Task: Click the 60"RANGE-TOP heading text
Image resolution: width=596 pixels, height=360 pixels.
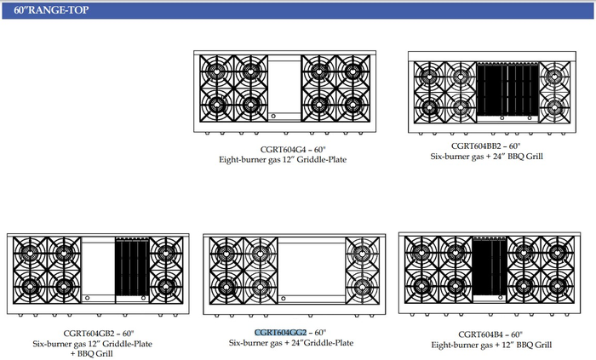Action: click(51, 10)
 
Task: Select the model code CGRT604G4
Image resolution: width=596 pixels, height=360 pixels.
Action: click(283, 150)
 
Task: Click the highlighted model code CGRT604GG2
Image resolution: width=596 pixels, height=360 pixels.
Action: click(280, 333)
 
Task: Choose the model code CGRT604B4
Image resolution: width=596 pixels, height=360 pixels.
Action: click(480, 334)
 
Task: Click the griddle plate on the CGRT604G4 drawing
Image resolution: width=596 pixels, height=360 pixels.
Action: click(284, 89)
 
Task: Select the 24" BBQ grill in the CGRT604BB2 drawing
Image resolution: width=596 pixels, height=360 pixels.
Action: click(507, 89)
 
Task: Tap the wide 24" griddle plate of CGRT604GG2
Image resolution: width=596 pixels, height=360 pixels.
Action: click(312, 271)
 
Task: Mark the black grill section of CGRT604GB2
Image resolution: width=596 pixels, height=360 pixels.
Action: click(132, 267)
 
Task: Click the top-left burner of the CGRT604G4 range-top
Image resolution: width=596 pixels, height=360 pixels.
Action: click(216, 71)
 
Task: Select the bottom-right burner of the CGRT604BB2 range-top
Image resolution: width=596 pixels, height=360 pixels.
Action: click(554, 108)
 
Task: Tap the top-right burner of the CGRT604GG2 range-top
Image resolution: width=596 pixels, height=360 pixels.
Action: click(362, 254)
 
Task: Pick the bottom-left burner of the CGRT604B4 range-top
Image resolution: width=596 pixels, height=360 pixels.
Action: click(421, 286)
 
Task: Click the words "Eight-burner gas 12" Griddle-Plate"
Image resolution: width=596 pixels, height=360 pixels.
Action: click(283, 160)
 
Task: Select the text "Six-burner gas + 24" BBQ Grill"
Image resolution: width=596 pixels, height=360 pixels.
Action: click(486, 157)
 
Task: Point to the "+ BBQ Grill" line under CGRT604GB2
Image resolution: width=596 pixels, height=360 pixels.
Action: click(92, 354)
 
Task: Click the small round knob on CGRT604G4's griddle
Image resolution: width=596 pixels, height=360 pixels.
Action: click(273, 116)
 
